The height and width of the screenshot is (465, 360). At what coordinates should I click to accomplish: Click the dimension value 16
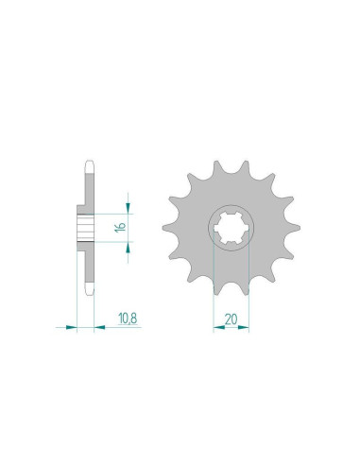(x=120, y=226)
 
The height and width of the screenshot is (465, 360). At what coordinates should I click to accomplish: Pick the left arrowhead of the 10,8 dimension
(x=72, y=327)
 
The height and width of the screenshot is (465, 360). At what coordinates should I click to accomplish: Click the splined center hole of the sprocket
(x=231, y=228)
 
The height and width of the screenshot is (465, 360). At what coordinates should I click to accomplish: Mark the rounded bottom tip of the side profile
(x=88, y=292)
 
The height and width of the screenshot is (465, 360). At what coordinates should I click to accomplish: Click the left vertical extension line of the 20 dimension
(x=215, y=284)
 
